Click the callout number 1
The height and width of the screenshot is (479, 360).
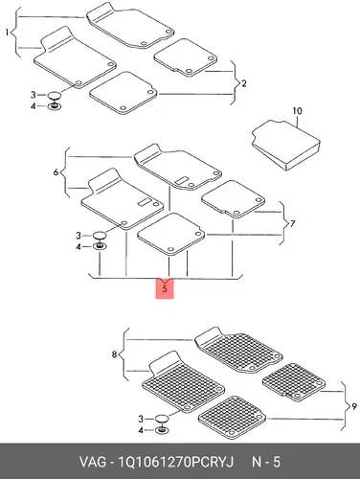pyautogui.click(x=7, y=33)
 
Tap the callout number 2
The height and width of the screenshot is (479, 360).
pyautogui.click(x=244, y=83)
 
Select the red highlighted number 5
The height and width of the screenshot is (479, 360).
pyautogui.click(x=165, y=289)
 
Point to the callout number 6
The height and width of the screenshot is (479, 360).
pyautogui.click(x=56, y=172)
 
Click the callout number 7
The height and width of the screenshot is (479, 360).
pyautogui.click(x=293, y=223)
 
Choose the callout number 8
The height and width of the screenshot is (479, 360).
pyautogui.click(x=114, y=354)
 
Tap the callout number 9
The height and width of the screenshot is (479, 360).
pyautogui.click(x=353, y=407)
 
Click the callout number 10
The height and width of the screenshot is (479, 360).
pyautogui.click(x=297, y=111)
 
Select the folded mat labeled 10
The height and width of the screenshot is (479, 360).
pyautogui.click(x=286, y=145)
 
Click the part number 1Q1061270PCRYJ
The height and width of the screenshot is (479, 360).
pyautogui.click(x=176, y=462)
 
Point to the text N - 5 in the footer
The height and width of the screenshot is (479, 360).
pyautogui.click(x=266, y=462)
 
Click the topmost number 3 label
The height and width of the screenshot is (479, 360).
pyautogui.click(x=34, y=95)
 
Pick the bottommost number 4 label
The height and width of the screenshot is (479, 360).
pyautogui.click(x=141, y=430)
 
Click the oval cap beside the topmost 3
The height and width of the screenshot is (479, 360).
pyautogui.click(x=54, y=95)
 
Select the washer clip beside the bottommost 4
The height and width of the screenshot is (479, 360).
pyautogui.click(x=162, y=430)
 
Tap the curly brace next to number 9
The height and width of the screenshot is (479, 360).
pyautogui.click(x=345, y=406)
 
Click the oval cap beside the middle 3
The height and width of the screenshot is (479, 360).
pyautogui.click(x=100, y=236)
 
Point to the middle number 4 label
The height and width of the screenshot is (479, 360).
pyautogui.click(x=79, y=247)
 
